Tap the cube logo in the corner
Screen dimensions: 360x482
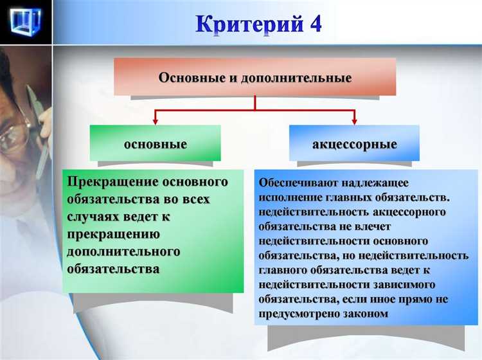[26, 23]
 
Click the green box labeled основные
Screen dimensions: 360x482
[155, 143]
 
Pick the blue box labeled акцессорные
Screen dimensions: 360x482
[354, 143]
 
